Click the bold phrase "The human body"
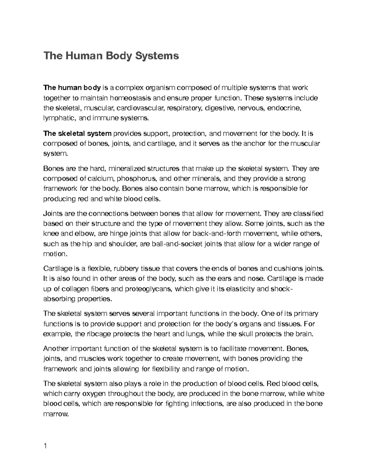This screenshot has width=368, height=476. point(72,88)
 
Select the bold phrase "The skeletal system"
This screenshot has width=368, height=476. point(78,134)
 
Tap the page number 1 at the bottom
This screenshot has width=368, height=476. point(45,446)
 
